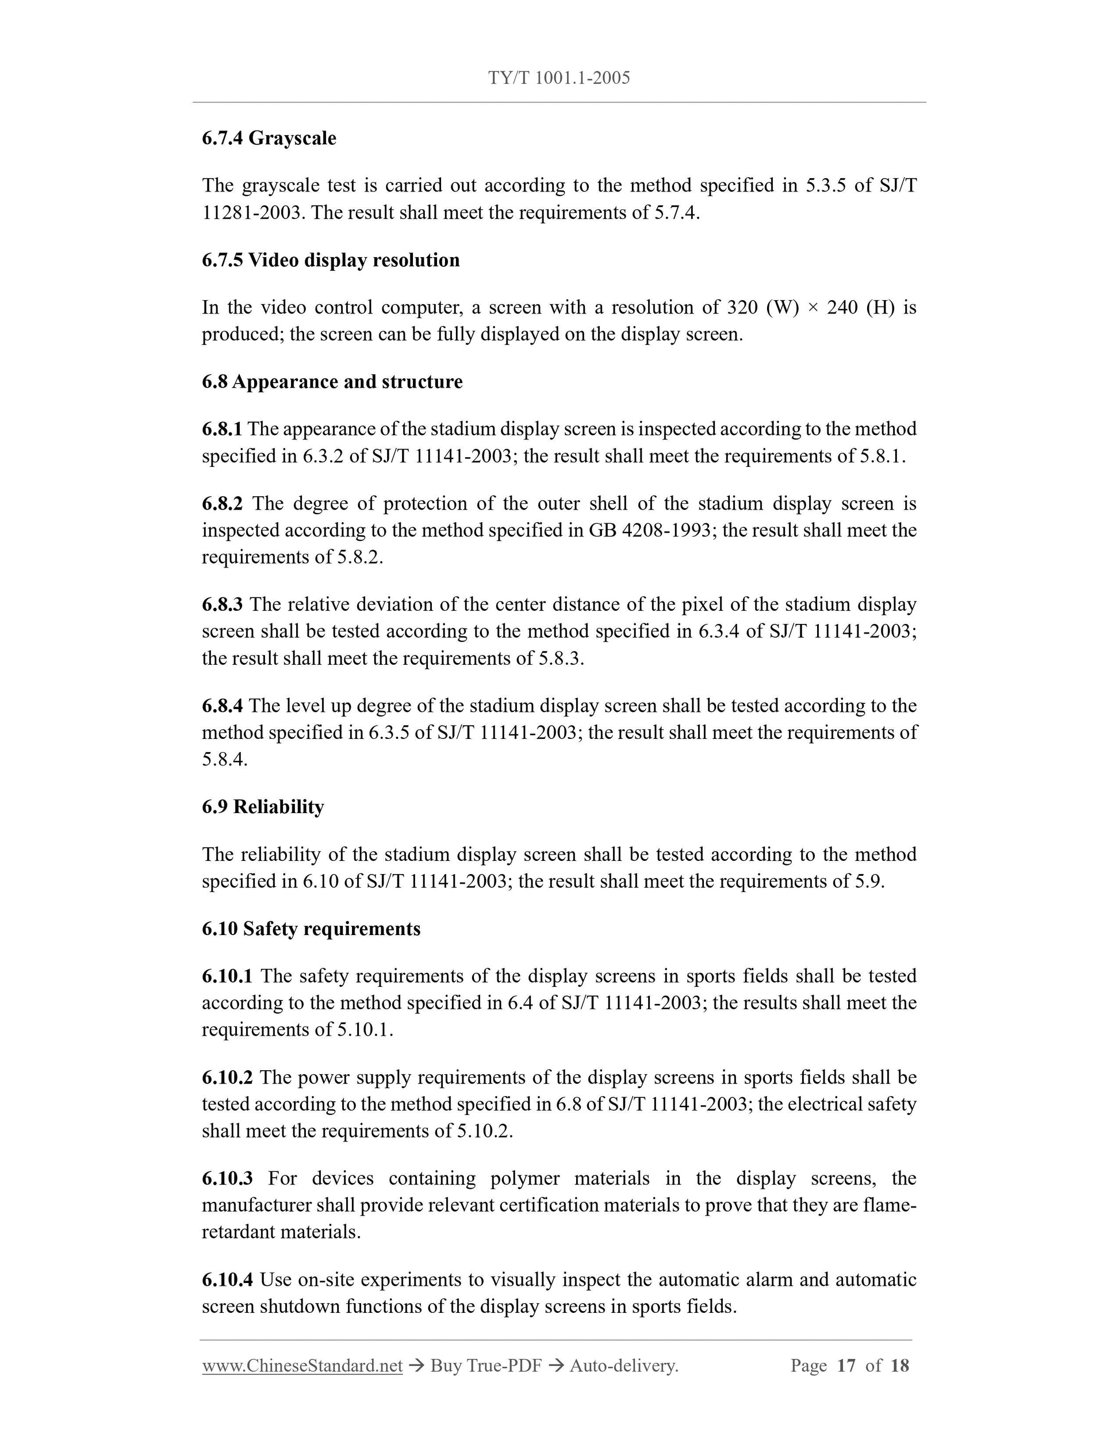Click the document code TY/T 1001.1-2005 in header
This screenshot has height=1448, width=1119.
click(559, 78)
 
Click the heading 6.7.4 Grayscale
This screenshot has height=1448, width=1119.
click(269, 139)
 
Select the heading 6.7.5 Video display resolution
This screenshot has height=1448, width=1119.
click(330, 260)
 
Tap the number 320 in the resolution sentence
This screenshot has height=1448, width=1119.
click(742, 308)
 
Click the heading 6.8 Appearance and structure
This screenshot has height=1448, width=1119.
click(332, 382)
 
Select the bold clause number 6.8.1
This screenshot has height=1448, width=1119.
click(222, 429)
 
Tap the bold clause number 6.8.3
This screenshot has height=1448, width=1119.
click(222, 604)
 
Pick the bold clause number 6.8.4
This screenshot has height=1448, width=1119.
click(222, 706)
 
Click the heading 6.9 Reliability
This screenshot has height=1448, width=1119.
click(263, 807)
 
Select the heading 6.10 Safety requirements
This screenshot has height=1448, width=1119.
click(311, 929)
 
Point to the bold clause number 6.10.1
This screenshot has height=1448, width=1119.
click(227, 976)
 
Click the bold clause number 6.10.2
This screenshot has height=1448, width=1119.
click(227, 1078)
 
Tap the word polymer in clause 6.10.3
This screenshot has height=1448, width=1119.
click(524, 1178)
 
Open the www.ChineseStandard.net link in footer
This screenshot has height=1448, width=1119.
click(302, 1366)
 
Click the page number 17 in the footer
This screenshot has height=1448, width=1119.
click(846, 1366)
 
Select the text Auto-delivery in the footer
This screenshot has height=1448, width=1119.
click(623, 1366)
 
